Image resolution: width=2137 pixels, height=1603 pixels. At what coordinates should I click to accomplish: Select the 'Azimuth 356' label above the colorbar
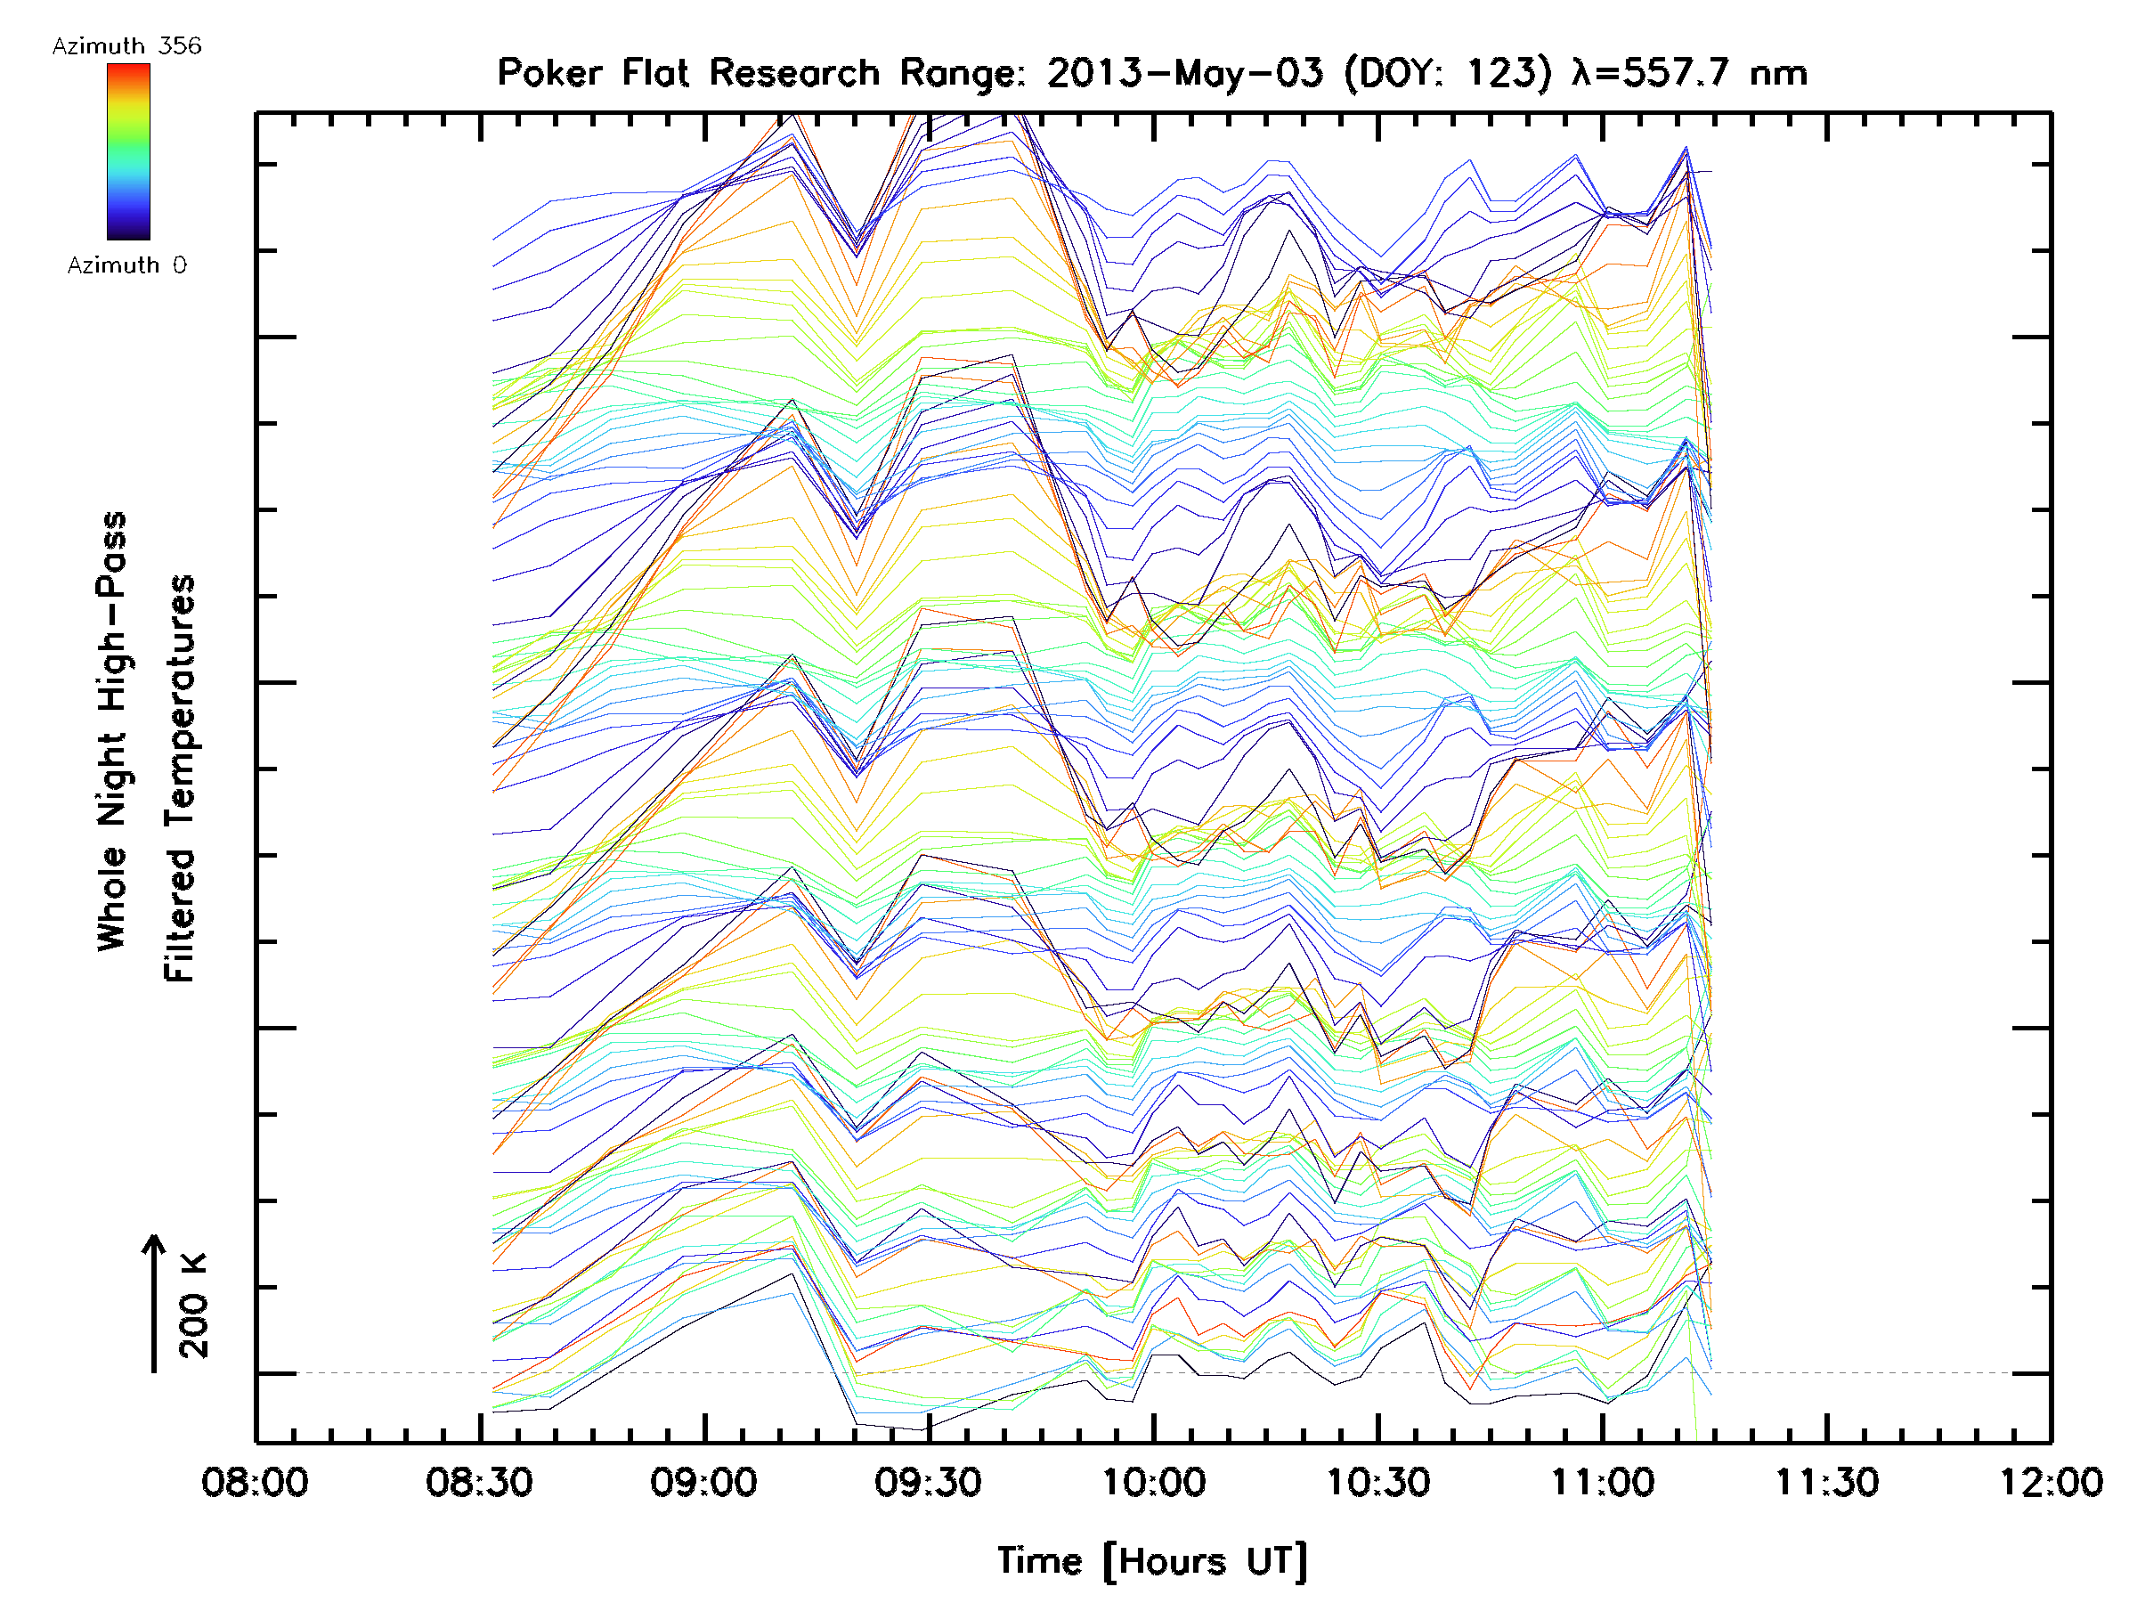tap(126, 46)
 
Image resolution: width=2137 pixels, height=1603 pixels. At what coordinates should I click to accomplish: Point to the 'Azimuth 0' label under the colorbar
tap(126, 264)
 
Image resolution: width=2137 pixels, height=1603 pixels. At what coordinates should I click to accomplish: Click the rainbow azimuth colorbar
tap(128, 151)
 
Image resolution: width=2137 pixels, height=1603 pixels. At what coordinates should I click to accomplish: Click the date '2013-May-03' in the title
tap(1184, 73)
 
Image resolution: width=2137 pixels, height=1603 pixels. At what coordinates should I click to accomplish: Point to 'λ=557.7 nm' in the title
tap(1690, 73)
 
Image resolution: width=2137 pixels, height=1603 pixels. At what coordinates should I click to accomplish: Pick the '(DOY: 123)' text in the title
tap(1446, 73)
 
